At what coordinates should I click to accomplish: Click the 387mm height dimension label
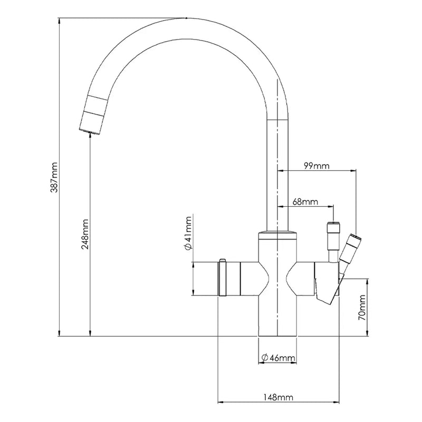(x=54, y=177)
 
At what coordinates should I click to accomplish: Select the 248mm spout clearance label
(x=85, y=234)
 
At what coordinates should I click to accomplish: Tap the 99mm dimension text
(x=317, y=166)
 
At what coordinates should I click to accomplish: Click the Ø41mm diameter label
(x=188, y=233)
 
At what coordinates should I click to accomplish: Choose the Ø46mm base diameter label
(x=279, y=358)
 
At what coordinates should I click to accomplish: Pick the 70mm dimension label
(x=362, y=308)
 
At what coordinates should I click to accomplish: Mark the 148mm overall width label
(x=277, y=397)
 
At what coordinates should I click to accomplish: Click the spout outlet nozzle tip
(x=90, y=131)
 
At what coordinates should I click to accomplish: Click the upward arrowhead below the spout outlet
(x=90, y=137)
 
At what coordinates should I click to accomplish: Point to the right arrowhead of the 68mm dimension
(x=330, y=206)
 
